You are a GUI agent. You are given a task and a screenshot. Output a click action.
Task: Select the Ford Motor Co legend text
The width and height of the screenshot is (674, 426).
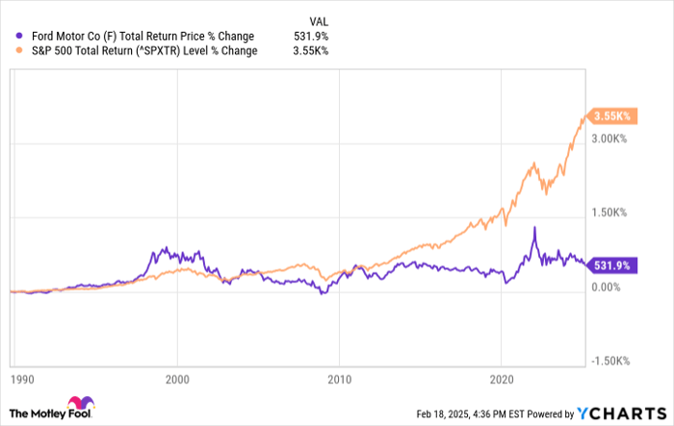(x=137, y=36)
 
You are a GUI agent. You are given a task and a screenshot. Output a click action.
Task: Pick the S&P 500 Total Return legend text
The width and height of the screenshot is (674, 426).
(x=139, y=51)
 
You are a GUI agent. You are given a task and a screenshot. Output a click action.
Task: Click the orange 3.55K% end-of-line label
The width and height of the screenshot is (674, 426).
(x=611, y=116)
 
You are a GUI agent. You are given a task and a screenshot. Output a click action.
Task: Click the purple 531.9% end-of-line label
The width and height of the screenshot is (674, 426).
(x=610, y=265)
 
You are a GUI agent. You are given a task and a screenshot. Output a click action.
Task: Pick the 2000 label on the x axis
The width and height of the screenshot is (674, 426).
(x=177, y=380)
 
